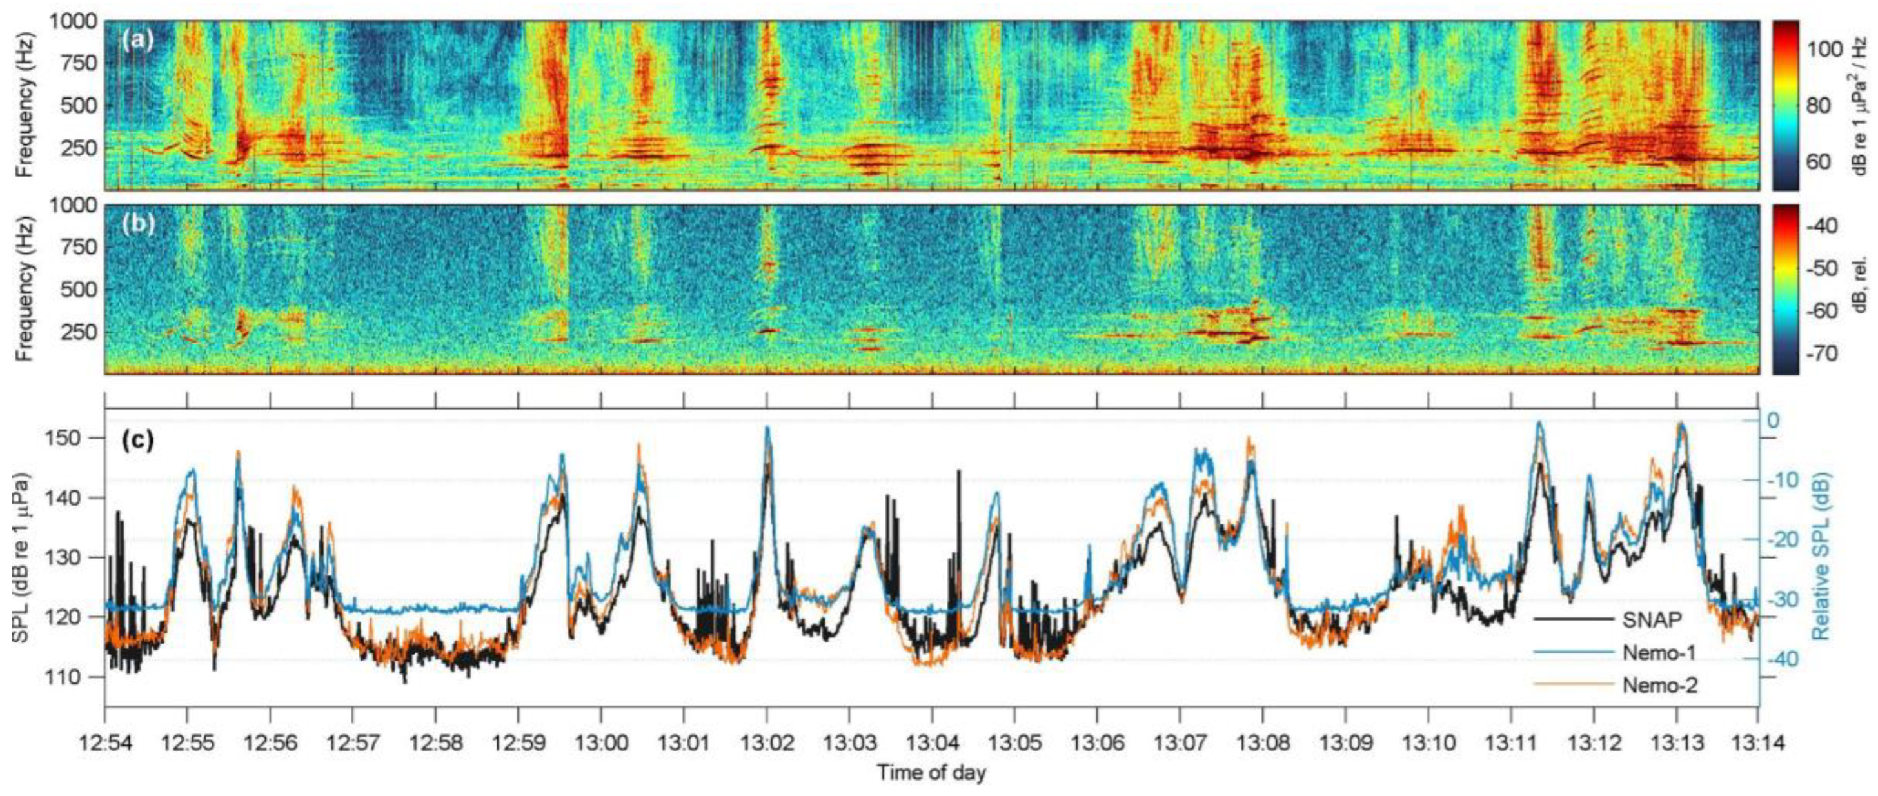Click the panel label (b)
(x=138, y=224)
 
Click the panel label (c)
(x=138, y=441)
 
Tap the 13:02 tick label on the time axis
(x=766, y=745)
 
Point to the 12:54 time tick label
(x=105, y=745)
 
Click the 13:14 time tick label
(x=1757, y=745)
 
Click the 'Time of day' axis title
(x=931, y=773)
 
